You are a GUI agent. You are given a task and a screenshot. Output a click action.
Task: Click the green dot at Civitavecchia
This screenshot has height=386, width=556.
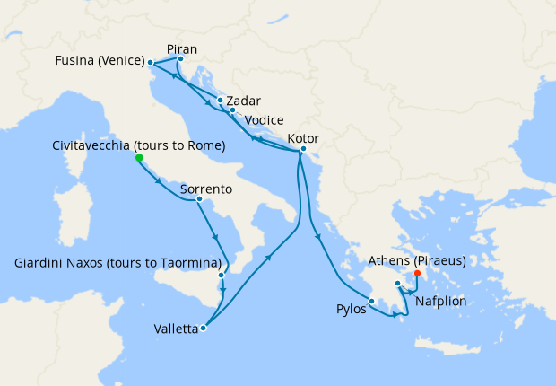(139, 158)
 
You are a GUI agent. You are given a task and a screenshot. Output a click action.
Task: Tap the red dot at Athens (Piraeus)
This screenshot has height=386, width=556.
(418, 274)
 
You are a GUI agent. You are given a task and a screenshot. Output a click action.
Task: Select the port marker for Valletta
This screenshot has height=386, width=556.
(204, 329)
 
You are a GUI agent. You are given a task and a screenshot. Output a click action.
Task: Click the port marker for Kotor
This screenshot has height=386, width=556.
(303, 149)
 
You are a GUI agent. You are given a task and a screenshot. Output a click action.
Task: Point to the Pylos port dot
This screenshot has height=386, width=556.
(372, 302)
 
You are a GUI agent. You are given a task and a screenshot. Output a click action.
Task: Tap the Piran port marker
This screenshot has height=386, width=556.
(180, 60)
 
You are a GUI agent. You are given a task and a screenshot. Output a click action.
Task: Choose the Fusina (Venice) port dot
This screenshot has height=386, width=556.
(150, 63)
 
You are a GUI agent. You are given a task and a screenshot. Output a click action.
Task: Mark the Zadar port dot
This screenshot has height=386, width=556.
(220, 101)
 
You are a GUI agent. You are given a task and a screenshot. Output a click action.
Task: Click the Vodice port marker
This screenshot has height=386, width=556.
(232, 110)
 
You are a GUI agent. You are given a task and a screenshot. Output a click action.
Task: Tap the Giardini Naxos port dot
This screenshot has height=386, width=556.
(221, 275)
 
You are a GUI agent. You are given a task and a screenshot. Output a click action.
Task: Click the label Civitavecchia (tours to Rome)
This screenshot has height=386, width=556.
(139, 145)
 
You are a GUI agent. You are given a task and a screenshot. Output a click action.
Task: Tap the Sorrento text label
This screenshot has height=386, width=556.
(206, 189)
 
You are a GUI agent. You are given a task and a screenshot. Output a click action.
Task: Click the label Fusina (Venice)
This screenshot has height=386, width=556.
(100, 61)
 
